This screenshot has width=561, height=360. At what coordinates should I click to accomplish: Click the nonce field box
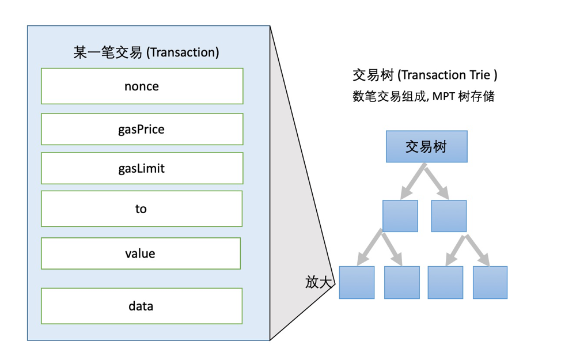(142, 86)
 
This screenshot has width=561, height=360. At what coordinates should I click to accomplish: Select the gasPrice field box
(142, 129)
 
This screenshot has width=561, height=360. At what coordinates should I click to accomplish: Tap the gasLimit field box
(142, 168)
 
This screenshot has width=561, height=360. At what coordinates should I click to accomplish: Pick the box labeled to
(142, 209)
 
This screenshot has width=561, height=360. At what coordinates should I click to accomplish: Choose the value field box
(141, 253)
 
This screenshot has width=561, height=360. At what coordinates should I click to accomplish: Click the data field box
(142, 306)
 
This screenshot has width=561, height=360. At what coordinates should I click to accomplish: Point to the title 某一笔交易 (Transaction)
(146, 52)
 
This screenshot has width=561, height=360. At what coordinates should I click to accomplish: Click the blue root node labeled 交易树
(426, 146)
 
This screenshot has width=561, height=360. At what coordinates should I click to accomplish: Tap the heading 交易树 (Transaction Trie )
(424, 75)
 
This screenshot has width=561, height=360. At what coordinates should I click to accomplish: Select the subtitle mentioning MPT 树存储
(423, 96)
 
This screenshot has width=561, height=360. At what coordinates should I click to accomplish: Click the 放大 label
(319, 282)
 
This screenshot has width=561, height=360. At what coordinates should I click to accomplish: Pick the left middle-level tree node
(400, 216)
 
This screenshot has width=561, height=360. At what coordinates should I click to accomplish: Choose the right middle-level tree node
(449, 216)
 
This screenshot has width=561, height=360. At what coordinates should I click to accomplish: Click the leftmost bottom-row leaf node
(357, 282)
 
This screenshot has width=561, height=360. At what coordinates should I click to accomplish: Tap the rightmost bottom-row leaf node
(490, 282)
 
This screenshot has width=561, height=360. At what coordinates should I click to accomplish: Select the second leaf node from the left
(401, 282)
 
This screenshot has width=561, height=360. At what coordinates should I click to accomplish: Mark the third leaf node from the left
(445, 282)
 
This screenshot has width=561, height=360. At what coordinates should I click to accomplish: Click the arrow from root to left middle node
(413, 180)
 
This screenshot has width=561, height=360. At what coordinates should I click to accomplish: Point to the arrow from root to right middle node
(439, 180)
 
